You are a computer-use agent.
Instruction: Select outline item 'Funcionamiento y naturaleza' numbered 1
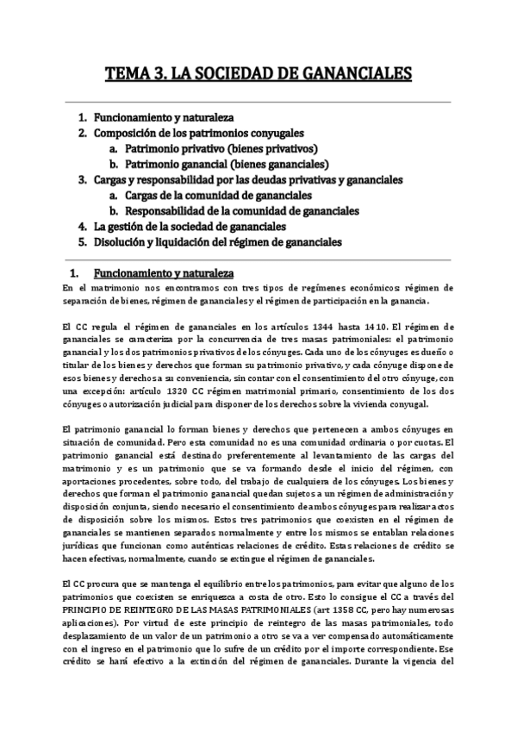164,117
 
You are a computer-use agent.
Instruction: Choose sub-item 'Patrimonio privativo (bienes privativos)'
221,148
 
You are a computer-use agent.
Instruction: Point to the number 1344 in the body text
305,327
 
